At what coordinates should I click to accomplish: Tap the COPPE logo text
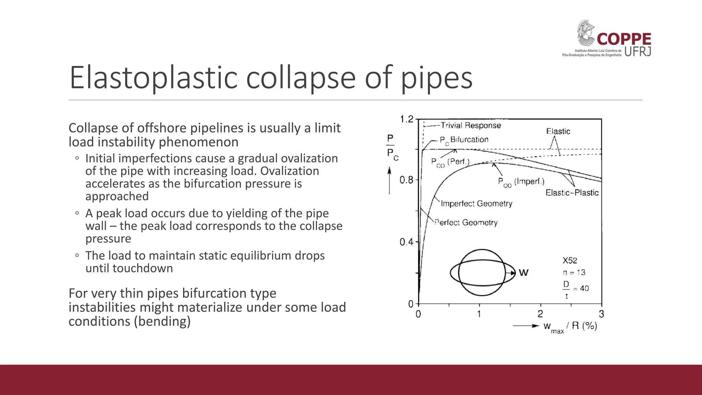pos(624,39)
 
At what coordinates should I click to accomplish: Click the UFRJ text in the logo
pos(638,52)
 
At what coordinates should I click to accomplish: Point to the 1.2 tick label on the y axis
pos(407,119)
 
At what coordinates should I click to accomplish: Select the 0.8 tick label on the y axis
pos(407,180)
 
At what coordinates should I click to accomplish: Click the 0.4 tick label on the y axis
pos(407,242)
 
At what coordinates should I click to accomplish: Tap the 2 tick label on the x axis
pos(540,314)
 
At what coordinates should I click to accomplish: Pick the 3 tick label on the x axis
pos(601,314)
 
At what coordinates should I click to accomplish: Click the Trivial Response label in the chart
pos(471,125)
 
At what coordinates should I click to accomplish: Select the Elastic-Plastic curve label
pos(572,193)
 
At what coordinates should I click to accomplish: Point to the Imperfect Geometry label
pos(476,204)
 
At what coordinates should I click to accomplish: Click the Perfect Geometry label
pos(466,223)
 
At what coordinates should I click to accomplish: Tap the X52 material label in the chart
pos(570,261)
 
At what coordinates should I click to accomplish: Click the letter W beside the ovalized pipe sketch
pos(523,273)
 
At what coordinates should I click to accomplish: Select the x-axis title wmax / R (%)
pos(570,326)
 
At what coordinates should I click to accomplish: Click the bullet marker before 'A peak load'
pos(77,213)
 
